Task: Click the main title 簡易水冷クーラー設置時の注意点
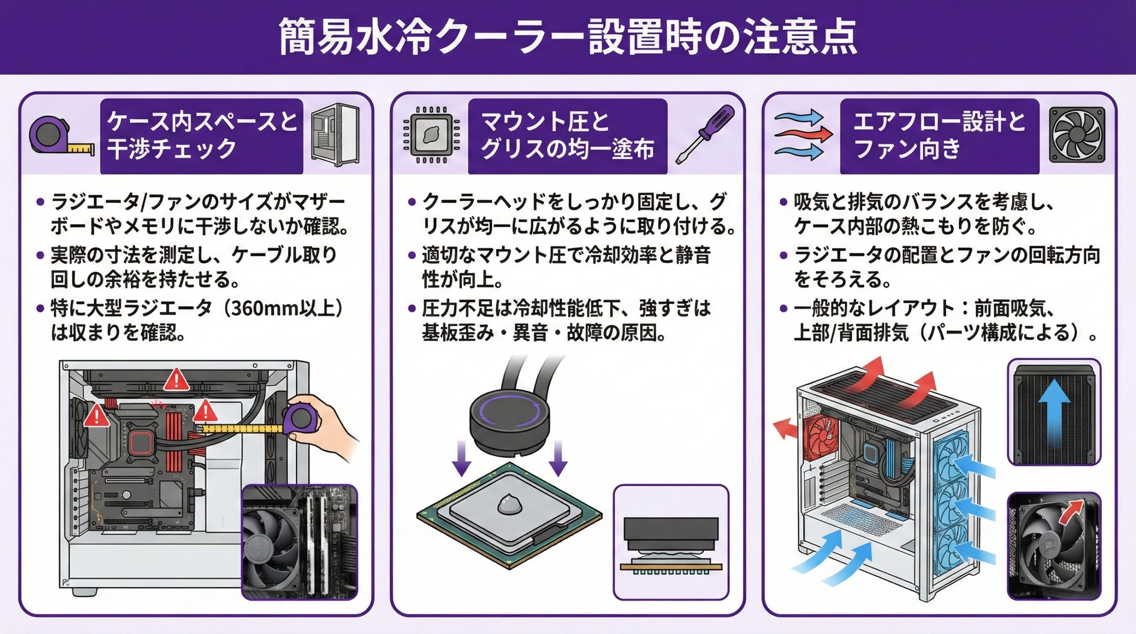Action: pos(568,36)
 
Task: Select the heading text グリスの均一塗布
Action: pos(568,149)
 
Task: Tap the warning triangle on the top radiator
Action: pos(177,380)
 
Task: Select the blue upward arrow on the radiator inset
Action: pos(1054,413)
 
